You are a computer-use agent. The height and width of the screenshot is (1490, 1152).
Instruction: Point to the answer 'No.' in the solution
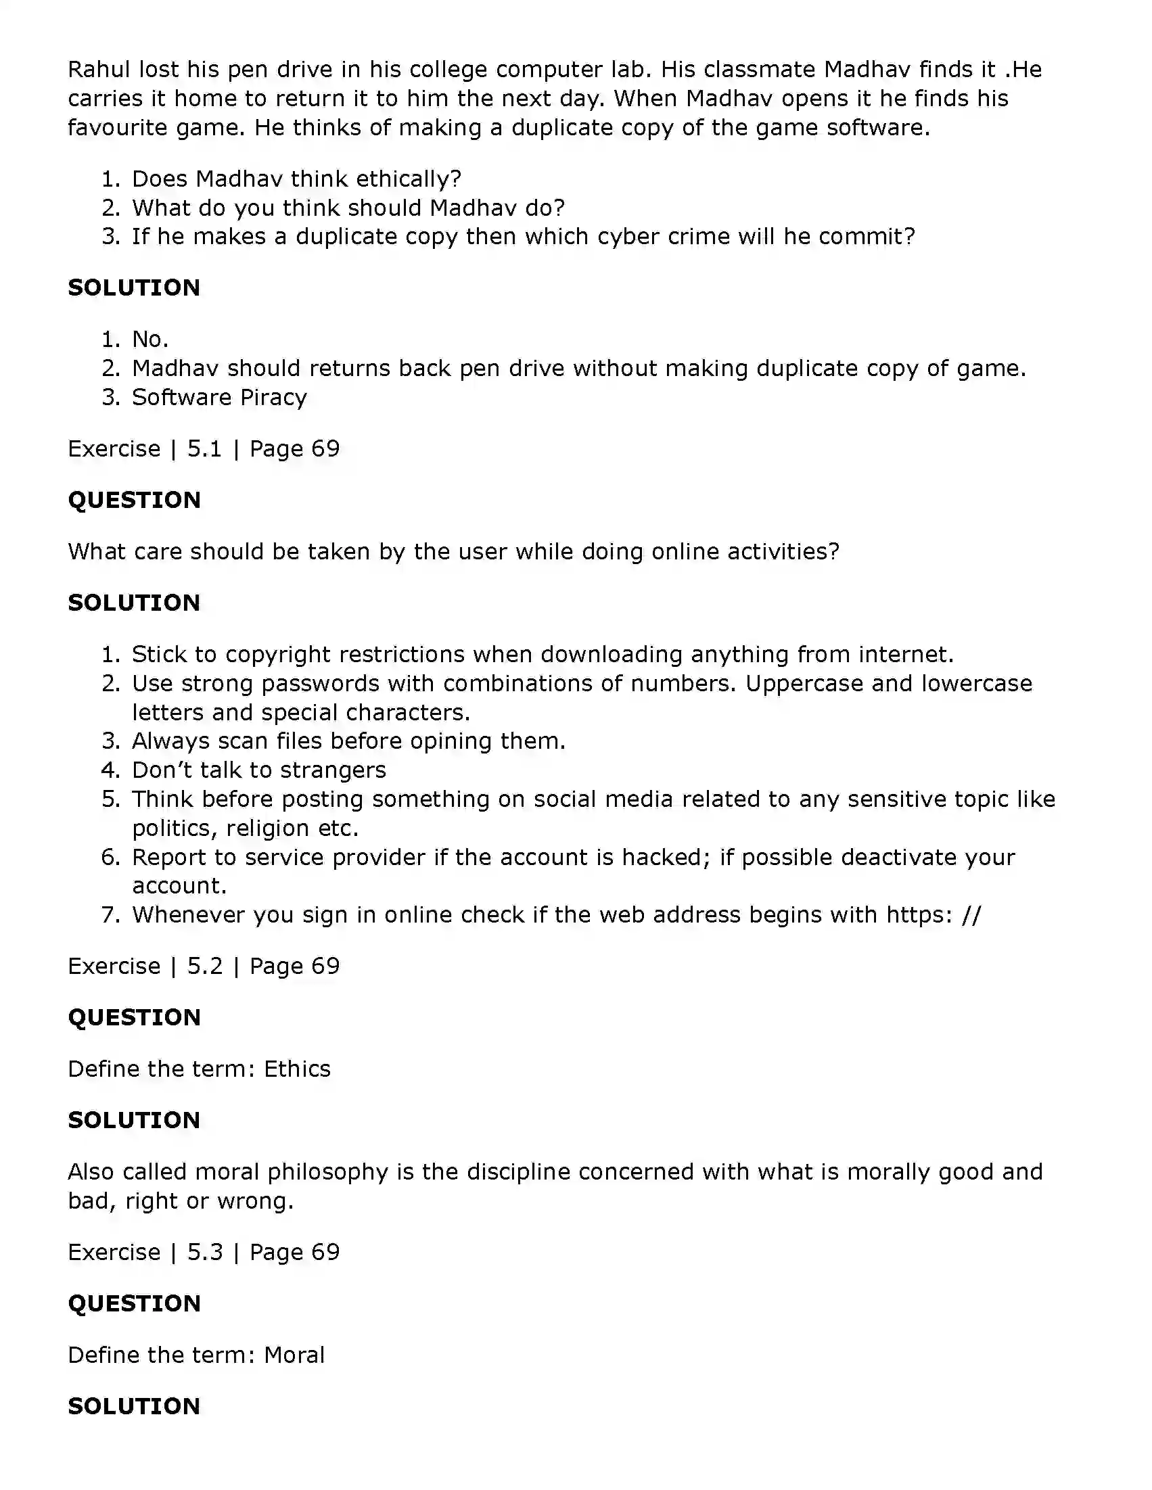(150, 339)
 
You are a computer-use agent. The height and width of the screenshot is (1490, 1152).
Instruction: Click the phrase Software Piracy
(219, 397)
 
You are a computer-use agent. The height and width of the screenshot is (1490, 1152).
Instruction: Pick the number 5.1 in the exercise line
(205, 448)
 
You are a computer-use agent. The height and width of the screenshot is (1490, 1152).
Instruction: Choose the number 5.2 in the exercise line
(205, 966)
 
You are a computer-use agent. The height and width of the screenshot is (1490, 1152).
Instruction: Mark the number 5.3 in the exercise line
(205, 1252)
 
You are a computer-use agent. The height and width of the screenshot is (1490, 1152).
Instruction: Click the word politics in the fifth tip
(174, 829)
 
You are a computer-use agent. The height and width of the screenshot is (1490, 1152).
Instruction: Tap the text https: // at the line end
(933, 915)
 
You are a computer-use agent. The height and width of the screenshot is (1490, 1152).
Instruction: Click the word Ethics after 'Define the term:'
(297, 1069)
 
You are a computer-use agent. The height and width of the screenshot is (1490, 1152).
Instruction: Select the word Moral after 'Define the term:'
(294, 1355)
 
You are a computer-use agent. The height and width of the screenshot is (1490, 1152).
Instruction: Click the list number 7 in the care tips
(109, 915)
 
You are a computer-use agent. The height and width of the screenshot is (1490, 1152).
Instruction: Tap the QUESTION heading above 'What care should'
(135, 500)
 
